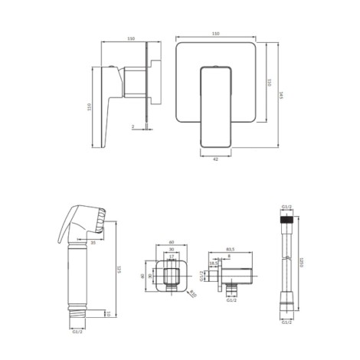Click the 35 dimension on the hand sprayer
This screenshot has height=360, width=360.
93,242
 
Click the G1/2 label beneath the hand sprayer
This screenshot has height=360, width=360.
77,332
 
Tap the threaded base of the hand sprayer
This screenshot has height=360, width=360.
77,314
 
